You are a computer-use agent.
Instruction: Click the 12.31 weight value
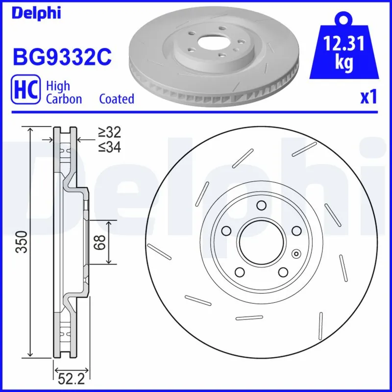pyautogui.click(x=344, y=45)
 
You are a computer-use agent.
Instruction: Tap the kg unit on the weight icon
pyautogui.click(x=344, y=64)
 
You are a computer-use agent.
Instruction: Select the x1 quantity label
pyautogui.click(x=368, y=98)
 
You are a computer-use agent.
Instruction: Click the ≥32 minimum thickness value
pyautogui.click(x=109, y=132)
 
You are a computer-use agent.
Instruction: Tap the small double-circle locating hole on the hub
pyautogui.click(x=295, y=254)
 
